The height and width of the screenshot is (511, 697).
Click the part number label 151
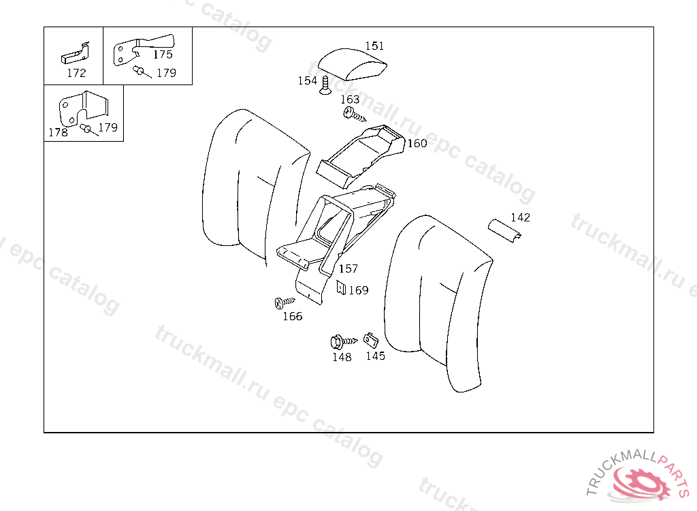pyautogui.click(x=374, y=46)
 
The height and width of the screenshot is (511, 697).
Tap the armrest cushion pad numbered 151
pyautogui.click(x=352, y=65)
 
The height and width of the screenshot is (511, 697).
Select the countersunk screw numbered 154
pyautogui.click(x=325, y=85)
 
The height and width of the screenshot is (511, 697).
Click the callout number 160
pyautogui.click(x=417, y=143)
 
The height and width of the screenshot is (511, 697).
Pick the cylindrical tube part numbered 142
pyautogui.click(x=504, y=230)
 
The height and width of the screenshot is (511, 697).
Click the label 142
pyautogui.click(x=520, y=217)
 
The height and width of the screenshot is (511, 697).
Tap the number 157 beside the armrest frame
pyautogui.click(x=348, y=268)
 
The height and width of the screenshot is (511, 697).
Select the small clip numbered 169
pyautogui.click(x=341, y=288)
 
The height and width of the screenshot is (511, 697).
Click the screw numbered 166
pyautogui.click(x=285, y=303)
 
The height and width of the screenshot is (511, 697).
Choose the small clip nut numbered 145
pyautogui.click(x=371, y=341)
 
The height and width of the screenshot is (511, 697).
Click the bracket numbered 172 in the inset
pyautogui.click(x=76, y=55)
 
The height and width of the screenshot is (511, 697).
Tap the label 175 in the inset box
pyautogui.click(x=163, y=55)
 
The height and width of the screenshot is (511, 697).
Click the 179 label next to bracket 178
pyautogui.click(x=108, y=127)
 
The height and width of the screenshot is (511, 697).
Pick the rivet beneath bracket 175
pyautogui.click(x=142, y=72)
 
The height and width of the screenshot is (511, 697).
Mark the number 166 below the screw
pyautogui.click(x=293, y=317)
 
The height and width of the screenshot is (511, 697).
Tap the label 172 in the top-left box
pyautogui.click(x=76, y=73)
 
